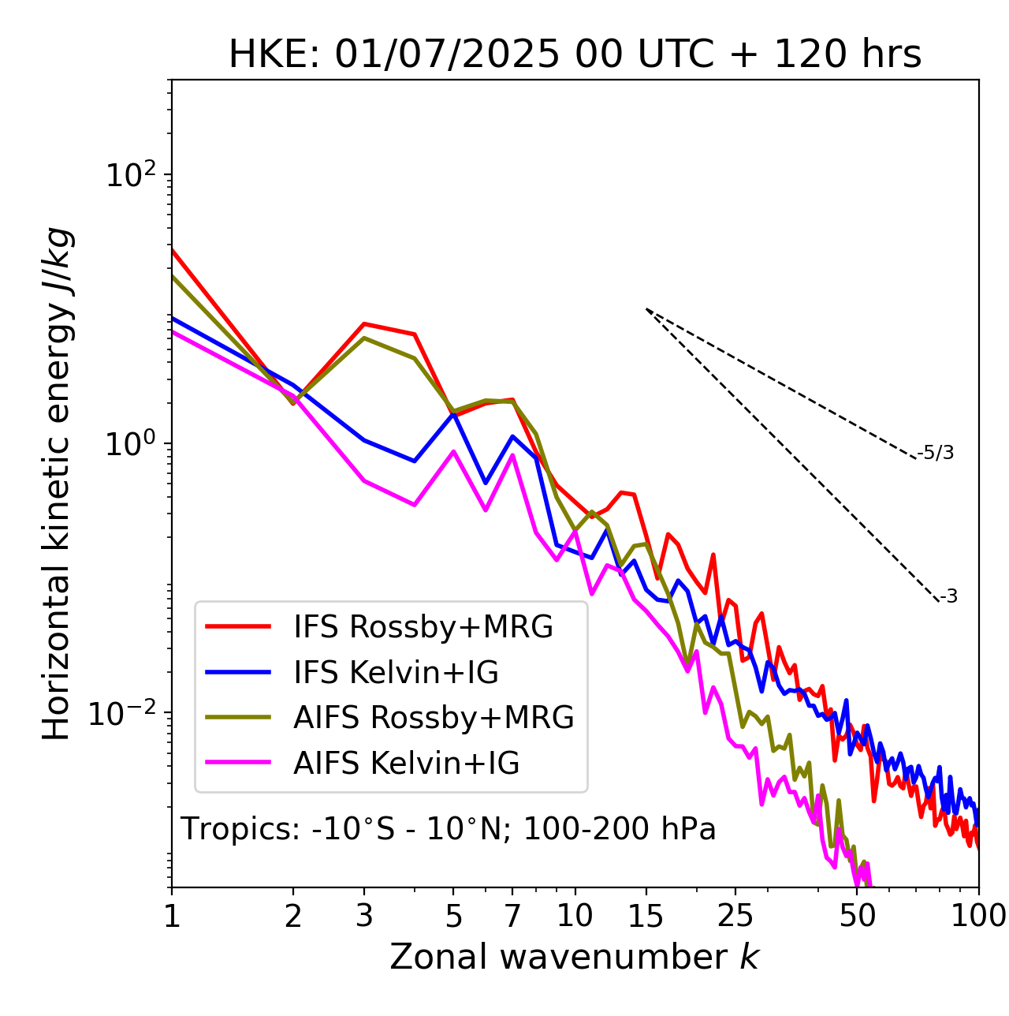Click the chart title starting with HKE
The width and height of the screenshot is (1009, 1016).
(575, 55)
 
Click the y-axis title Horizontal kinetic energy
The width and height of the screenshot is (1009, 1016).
(58, 484)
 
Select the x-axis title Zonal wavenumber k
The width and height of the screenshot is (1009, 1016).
(575, 957)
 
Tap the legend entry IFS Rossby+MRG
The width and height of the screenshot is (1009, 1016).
(423, 627)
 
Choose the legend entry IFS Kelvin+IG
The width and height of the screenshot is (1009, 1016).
(396, 673)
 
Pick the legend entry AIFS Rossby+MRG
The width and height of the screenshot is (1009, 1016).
(434, 718)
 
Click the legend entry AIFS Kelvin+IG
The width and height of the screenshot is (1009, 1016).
(406, 764)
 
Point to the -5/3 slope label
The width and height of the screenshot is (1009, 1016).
(936, 453)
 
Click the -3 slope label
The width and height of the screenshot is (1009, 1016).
(948, 597)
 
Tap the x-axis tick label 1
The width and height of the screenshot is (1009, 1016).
(172, 916)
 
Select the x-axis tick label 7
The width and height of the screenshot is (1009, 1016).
(512, 916)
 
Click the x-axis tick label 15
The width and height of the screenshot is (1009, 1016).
(646, 916)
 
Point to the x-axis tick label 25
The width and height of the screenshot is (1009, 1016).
(735, 916)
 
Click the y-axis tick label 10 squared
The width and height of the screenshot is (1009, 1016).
(132, 175)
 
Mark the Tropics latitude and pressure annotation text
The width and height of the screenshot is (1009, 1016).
(449, 829)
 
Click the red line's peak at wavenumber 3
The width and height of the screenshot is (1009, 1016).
(364, 323)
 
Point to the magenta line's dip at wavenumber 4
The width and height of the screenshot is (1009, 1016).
(415, 505)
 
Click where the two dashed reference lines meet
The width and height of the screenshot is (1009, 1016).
(646, 309)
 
